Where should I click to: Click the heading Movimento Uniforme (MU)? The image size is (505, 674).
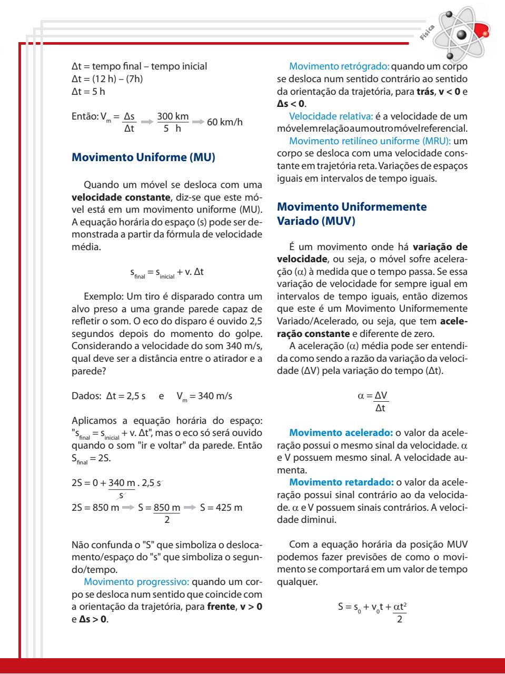click(x=143, y=157)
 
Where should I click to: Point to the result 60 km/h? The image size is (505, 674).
click(x=225, y=122)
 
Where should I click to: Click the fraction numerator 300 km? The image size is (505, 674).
click(x=173, y=116)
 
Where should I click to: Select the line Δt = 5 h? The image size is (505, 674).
click(x=88, y=92)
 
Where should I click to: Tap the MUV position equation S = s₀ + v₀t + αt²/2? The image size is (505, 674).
click(x=373, y=612)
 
